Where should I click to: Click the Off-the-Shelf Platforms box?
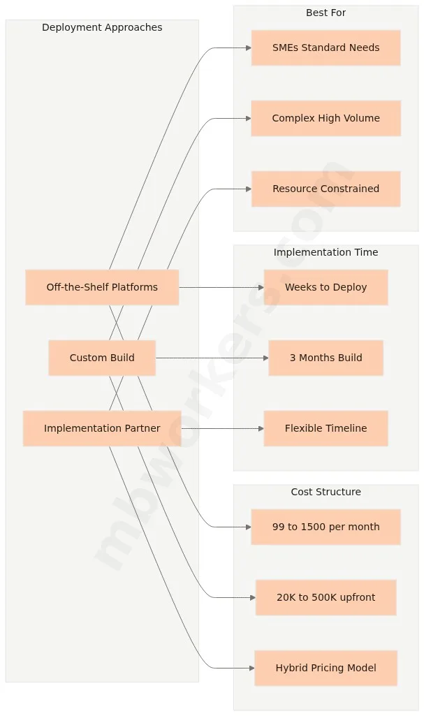point(102,287)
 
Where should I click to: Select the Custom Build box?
point(102,358)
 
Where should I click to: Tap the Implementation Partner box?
point(102,428)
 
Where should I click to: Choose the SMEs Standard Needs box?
point(326,48)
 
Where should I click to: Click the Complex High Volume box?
point(326,118)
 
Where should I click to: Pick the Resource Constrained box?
point(326,189)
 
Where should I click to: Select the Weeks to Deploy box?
point(326,287)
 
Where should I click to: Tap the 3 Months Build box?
point(326,358)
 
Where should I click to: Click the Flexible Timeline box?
point(326,428)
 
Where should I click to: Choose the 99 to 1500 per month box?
point(326,527)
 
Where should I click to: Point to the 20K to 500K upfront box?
point(326,597)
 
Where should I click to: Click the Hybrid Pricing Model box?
point(326,668)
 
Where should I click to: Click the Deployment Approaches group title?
point(102,27)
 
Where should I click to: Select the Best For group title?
point(326,13)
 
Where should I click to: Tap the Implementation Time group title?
point(326,252)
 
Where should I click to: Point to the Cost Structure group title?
point(326,492)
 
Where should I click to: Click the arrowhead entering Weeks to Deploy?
point(261,287)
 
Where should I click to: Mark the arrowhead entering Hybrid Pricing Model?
point(251,668)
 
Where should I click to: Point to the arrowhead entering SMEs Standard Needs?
point(248,48)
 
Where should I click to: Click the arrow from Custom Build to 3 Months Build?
point(210,358)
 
